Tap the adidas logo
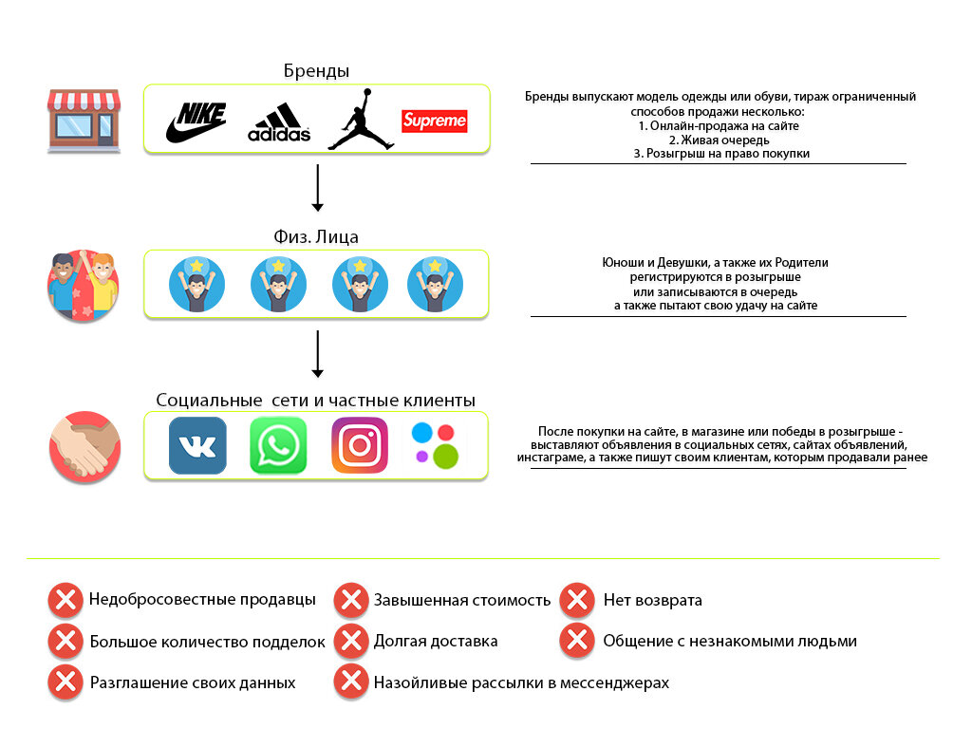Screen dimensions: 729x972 [x=279, y=122]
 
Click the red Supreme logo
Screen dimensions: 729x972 [x=435, y=121]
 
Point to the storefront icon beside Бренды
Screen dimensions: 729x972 [x=84, y=121]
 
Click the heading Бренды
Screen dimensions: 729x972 [x=316, y=71]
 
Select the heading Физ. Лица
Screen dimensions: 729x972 [x=317, y=236]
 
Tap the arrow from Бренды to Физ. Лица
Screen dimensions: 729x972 [x=318, y=188]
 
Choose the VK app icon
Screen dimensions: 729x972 [x=197, y=445]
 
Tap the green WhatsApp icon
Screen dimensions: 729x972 [x=278, y=445]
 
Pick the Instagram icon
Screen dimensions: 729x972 [x=360, y=445]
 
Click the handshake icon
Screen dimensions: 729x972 [x=84, y=446]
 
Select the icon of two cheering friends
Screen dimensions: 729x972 [x=84, y=284]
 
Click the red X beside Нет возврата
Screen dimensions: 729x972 [x=577, y=600]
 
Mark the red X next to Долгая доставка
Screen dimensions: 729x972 [x=351, y=641]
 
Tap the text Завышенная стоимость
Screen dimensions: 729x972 [x=462, y=600]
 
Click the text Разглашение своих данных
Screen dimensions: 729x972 [x=193, y=682]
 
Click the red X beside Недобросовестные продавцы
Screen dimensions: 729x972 [x=65, y=600]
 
